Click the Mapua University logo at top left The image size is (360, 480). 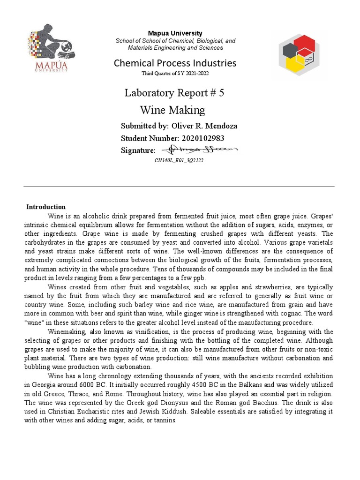tap(52, 49)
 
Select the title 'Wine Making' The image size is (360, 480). tap(172, 110)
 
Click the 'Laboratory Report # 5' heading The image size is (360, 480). tap(174, 93)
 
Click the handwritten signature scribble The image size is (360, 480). tap(199, 150)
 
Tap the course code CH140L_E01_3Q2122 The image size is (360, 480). tap(179, 160)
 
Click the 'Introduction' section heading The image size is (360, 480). tap(46, 207)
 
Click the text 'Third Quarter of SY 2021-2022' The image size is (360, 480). tap(176, 74)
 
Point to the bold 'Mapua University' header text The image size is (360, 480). tap(175, 33)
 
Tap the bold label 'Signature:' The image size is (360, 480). tap(138, 150)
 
